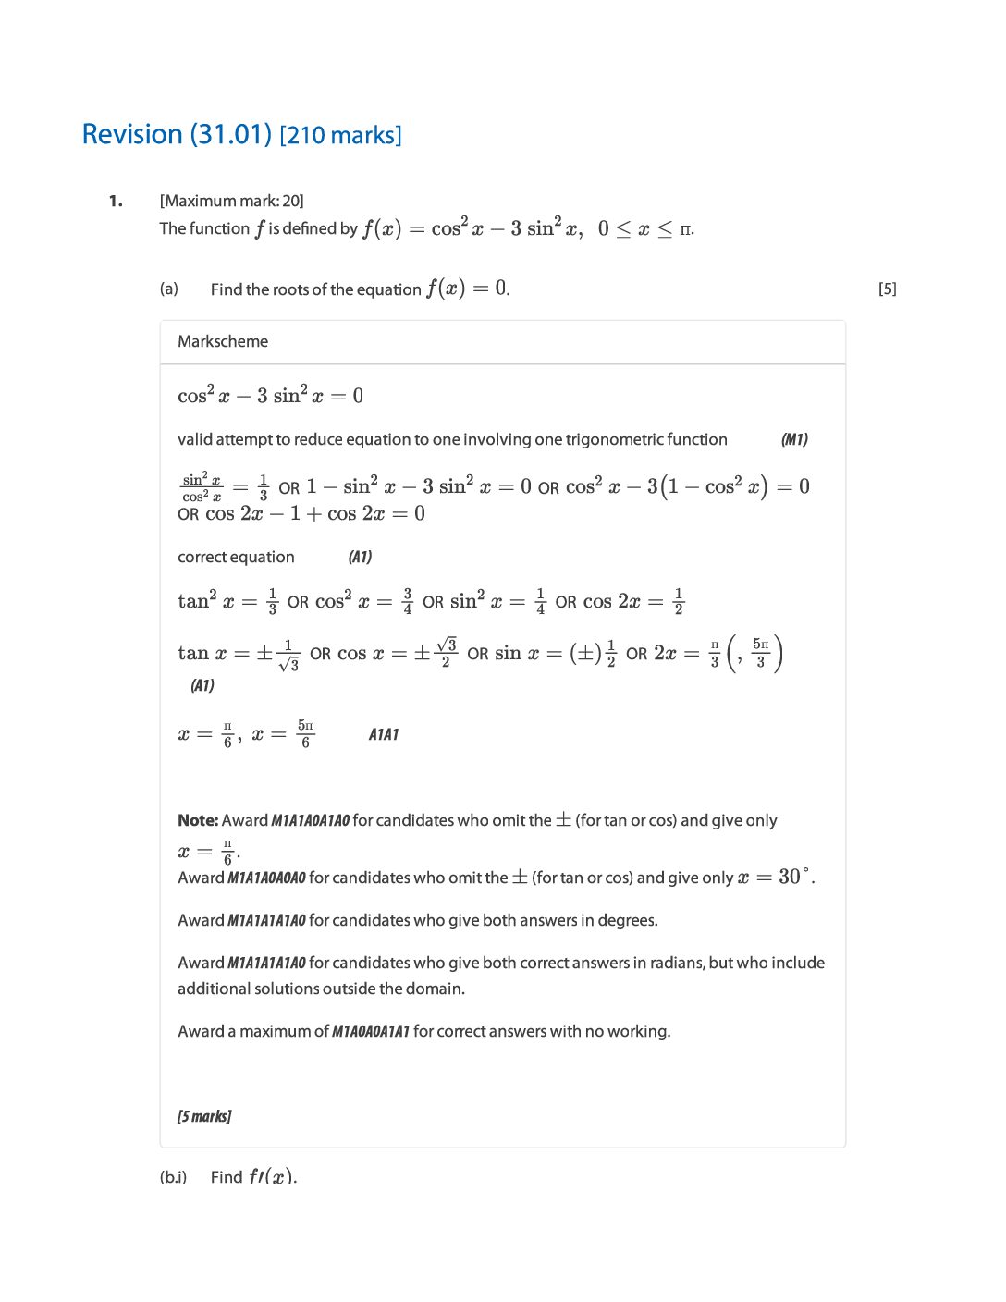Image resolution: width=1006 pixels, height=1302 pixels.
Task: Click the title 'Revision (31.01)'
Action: (178, 135)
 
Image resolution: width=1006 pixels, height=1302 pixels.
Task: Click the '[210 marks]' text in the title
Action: (340, 136)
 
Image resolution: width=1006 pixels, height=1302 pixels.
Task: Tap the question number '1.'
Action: (116, 201)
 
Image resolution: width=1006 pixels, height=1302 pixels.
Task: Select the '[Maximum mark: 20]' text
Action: (231, 201)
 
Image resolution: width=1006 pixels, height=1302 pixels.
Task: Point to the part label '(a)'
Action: (168, 289)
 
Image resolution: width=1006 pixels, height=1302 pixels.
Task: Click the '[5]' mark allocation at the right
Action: (887, 289)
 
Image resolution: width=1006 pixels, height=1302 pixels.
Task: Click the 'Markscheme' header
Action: (223, 341)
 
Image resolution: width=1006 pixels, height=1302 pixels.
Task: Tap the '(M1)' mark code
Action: (794, 439)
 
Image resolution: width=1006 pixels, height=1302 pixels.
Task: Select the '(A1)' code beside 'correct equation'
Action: (360, 557)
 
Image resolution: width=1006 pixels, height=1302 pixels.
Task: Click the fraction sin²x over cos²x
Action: (202, 487)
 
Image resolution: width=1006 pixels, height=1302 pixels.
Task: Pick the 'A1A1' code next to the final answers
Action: (384, 734)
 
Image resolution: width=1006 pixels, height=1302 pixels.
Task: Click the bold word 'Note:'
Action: (198, 820)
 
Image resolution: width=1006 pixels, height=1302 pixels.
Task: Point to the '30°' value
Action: (794, 877)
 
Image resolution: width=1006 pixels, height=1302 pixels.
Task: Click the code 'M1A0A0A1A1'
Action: (370, 1031)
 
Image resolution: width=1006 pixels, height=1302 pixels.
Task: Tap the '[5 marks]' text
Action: (204, 1116)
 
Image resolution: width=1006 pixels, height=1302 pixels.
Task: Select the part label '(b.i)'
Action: (173, 1177)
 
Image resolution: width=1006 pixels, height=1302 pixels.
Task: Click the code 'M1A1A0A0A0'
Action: (266, 878)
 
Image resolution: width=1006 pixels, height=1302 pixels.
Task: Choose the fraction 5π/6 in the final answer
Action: (305, 734)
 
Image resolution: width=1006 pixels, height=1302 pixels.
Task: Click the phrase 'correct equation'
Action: (236, 557)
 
